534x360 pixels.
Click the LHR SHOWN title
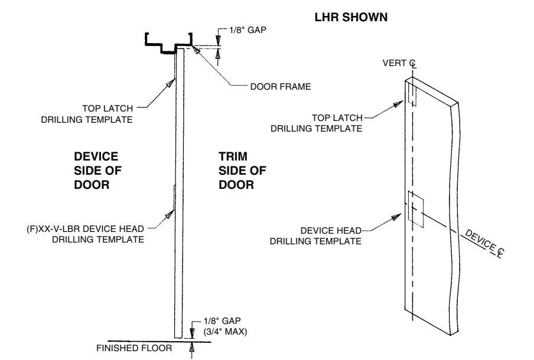pos(351,17)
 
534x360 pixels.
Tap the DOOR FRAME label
pos(280,87)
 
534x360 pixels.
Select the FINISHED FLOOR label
pos(134,348)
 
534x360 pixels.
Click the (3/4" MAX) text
pos(225,332)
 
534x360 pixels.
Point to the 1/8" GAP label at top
pos(248,30)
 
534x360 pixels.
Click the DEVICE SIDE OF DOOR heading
pos(97,171)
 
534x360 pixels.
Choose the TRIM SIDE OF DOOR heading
pos(242,171)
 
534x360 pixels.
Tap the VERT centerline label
pos(399,64)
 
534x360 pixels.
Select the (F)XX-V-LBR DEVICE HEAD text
pos(85,228)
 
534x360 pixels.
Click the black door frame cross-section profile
pos(169,44)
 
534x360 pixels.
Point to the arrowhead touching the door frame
pos(196,50)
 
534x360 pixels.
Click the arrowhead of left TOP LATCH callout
pos(170,83)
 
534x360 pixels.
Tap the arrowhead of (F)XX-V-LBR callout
pos(170,214)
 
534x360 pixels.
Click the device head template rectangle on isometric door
pos(416,210)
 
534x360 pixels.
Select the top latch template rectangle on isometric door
pos(412,93)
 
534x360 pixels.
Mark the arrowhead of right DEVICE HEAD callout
pos(396,217)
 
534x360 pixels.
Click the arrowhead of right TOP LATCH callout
pos(398,104)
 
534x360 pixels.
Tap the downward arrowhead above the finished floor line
pos(192,333)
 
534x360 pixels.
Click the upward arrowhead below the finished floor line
pos(192,347)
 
